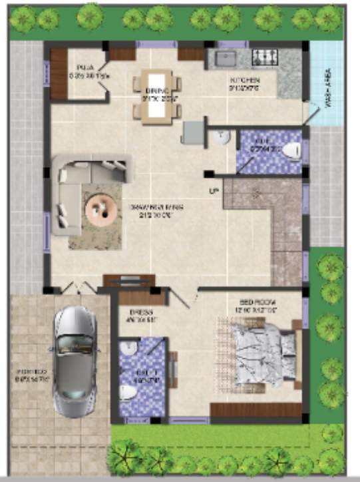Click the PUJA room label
[x=84, y=68]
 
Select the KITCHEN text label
[x=244, y=81]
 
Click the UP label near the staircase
[x=214, y=192]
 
